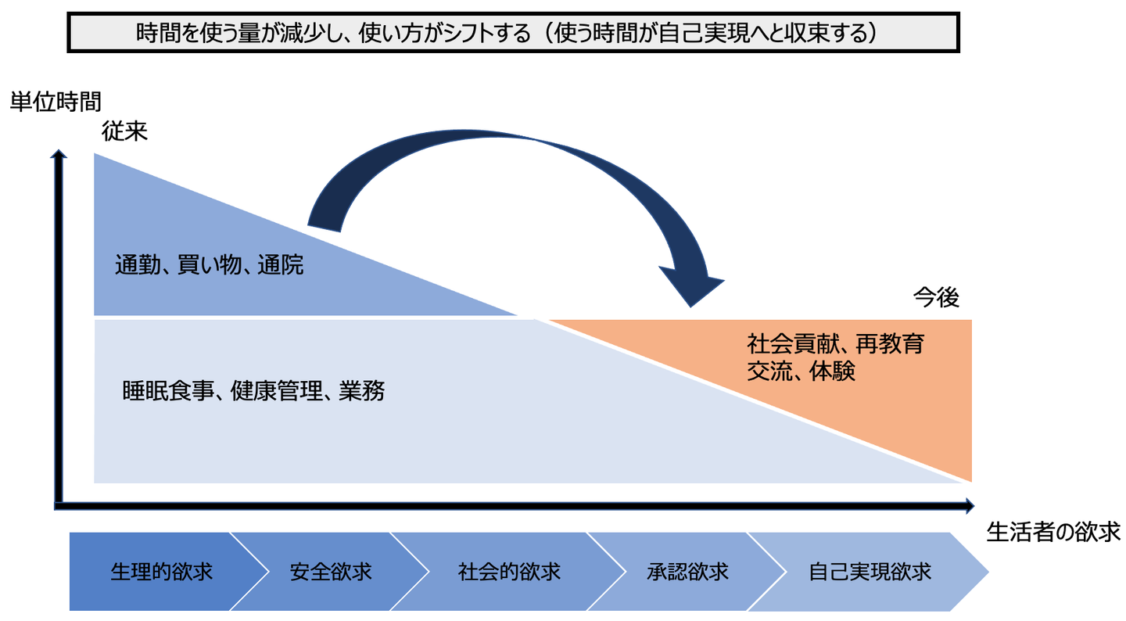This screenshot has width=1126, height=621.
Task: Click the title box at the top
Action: tap(513, 33)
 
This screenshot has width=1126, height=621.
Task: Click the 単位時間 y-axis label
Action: tap(56, 102)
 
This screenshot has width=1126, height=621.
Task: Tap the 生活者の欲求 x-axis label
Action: tap(1053, 532)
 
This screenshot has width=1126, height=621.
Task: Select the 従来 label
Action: tap(124, 131)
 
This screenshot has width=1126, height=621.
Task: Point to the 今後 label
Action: tap(936, 297)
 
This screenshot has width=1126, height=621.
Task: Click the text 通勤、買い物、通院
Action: tap(209, 265)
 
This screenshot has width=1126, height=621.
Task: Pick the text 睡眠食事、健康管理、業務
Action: tap(253, 391)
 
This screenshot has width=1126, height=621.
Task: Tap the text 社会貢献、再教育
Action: tap(835, 344)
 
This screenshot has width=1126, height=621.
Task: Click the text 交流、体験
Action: tap(801, 371)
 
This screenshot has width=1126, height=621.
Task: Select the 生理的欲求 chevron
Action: tap(162, 572)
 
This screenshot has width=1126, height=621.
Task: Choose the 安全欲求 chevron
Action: tap(330, 572)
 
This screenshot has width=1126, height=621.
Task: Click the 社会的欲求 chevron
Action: tap(509, 572)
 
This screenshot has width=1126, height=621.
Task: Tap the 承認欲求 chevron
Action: tap(687, 572)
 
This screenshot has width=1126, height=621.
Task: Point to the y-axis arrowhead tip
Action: tap(59, 150)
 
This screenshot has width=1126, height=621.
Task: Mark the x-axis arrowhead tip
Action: tap(974, 506)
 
